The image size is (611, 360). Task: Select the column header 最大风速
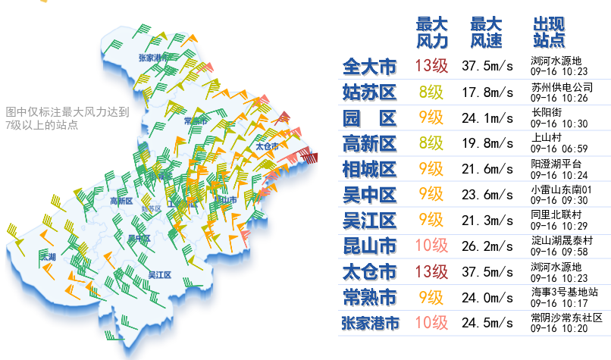click(x=486, y=31)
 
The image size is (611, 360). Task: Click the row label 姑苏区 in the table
click(x=369, y=92)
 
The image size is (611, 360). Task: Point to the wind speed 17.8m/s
click(x=487, y=92)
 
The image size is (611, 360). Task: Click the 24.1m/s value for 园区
click(x=487, y=117)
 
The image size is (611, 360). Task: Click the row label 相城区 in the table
click(x=369, y=169)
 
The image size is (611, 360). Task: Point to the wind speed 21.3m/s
click(x=487, y=221)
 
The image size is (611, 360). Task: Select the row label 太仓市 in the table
click(x=369, y=271)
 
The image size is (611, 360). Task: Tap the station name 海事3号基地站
click(x=565, y=293)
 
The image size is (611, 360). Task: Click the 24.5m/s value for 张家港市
click(x=487, y=323)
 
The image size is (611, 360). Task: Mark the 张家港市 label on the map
click(x=155, y=58)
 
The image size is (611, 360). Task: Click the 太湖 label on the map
click(x=49, y=258)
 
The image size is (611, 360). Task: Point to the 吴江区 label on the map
click(x=159, y=274)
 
